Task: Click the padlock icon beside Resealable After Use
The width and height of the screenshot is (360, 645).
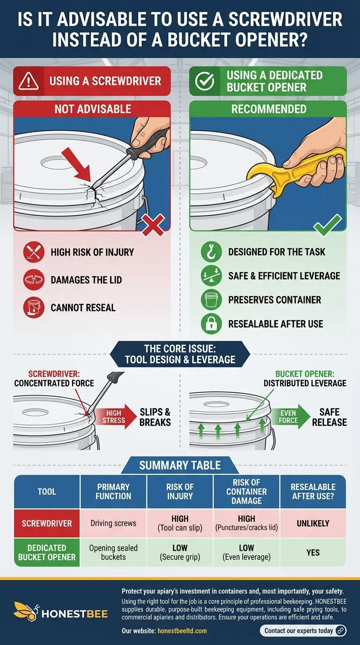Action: (211, 323)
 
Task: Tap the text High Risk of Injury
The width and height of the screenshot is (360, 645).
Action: (92, 253)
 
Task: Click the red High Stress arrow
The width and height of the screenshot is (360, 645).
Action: (114, 417)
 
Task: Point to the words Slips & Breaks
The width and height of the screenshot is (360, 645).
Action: (155, 417)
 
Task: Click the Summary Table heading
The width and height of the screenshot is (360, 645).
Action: (180, 465)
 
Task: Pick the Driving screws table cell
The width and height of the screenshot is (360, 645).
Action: (113, 523)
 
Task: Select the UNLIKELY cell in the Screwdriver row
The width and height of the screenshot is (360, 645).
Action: (313, 523)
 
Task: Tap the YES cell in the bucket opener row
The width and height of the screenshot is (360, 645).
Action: (313, 553)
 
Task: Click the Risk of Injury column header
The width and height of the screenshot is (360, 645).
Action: (180, 492)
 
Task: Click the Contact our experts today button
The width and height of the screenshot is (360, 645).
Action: (303, 630)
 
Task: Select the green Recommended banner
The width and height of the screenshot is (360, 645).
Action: (268, 109)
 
